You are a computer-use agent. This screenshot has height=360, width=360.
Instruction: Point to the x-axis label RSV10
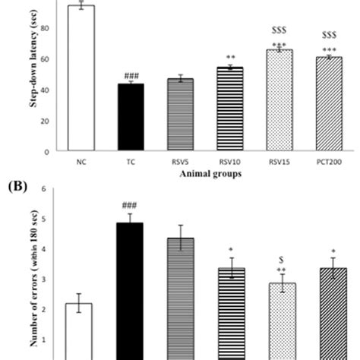click(230, 162)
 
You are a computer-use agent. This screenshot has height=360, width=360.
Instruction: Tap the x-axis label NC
click(81, 162)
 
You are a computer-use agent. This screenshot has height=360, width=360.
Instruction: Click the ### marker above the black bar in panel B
click(131, 204)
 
